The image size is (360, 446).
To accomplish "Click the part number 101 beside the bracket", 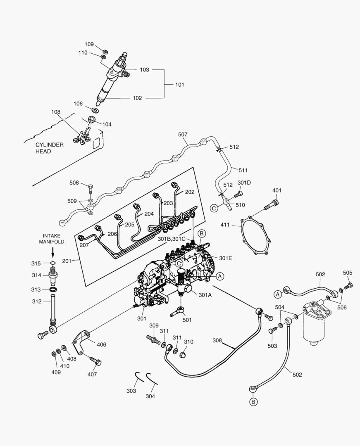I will [x=179, y=85].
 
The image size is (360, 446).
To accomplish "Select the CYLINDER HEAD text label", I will [x=49, y=148].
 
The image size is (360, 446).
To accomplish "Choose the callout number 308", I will [x=217, y=341].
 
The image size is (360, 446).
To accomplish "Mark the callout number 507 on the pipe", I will [x=183, y=135].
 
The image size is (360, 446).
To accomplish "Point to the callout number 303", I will [x=131, y=391].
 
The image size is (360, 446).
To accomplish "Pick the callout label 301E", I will [x=226, y=258].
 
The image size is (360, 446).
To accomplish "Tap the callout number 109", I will [x=89, y=45].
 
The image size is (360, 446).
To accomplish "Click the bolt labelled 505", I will [x=349, y=285].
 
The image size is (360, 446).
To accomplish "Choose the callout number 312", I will [x=36, y=301].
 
